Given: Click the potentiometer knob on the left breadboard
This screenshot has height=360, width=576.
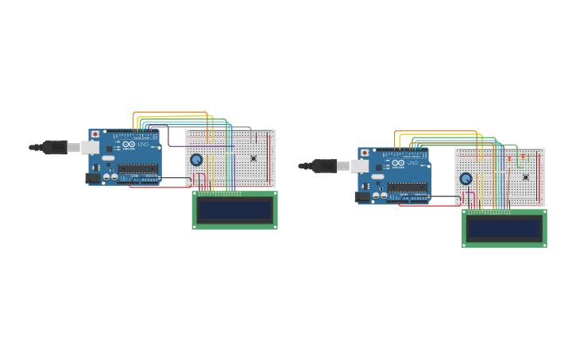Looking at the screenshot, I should tap(196, 160).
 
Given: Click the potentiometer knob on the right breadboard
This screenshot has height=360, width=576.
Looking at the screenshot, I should tap(466, 179).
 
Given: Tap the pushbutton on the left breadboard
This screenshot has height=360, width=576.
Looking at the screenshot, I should tap(253, 158).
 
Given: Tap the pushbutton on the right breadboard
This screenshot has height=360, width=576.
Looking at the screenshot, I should tap(525, 176).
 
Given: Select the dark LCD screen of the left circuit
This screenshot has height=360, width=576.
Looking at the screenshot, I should tap(234, 211).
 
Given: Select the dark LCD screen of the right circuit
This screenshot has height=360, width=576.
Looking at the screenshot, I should tap(504, 229).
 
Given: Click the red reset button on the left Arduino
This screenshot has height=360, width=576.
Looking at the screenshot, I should tap(95, 134).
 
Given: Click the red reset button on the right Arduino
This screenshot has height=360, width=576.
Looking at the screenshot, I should tap(365, 153).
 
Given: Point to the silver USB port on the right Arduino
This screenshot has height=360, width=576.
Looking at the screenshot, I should tap(360, 165).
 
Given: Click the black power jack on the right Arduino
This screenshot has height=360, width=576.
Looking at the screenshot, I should tap(362, 196).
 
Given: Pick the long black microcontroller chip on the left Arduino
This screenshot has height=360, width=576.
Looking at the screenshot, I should tap(138, 168).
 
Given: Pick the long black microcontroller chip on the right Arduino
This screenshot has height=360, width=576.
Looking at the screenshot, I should tap(408, 187).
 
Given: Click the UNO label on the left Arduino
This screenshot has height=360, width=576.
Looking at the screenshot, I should tap(143, 145).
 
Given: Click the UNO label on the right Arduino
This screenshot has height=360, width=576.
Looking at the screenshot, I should tap(412, 163).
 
